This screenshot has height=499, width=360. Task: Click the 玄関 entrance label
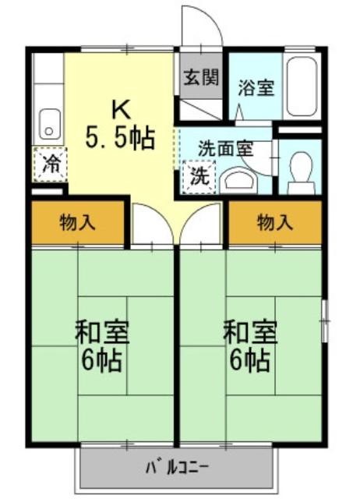[x=201, y=77]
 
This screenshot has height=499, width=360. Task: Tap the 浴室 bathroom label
[x=256, y=87]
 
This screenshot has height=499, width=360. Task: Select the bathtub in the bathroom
[x=302, y=87]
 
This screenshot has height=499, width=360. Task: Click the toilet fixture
[x=301, y=172]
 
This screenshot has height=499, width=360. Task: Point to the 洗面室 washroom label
[x=226, y=148]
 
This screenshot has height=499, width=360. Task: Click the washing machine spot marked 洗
[x=199, y=176]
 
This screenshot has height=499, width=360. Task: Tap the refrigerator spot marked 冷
[x=50, y=165]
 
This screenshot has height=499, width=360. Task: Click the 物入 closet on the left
[x=78, y=222]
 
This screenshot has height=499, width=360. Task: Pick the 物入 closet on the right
[x=275, y=222]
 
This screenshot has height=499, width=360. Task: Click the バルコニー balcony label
[x=177, y=468]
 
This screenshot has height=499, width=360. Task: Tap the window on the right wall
[x=325, y=320]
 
